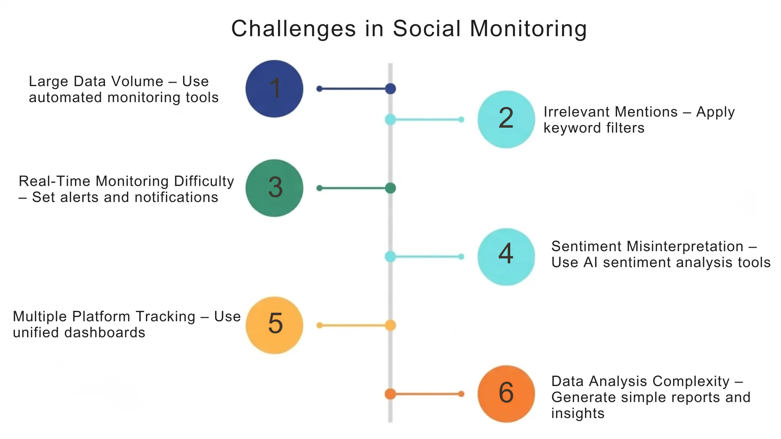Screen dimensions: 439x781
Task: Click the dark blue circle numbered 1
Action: [x=274, y=89]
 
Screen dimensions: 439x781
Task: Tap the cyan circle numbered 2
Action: [x=506, y=119]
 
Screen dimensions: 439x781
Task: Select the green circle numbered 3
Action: [x=274, y=188]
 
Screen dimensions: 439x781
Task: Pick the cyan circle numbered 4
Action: [x=506, y=256]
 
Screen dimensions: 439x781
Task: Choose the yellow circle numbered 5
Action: [x=274, y=325]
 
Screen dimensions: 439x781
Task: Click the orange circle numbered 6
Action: [x=506, y=394]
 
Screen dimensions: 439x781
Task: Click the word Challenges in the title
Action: [x=294, y=29]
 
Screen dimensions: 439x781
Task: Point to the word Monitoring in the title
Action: [x=528, y=29]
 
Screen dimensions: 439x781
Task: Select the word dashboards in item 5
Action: [x=104, y=333]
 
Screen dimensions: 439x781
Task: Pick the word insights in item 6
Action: [x=578, y=413]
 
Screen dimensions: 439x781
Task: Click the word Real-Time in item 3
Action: [x=55, y=181]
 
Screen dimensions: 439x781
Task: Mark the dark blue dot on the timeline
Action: [x=390, y=89]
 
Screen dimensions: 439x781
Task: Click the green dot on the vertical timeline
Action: [x=390, y=188]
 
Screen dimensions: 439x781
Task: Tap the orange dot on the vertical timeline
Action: [x=390, y=394]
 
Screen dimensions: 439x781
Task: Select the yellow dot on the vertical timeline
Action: [x=390, y=325]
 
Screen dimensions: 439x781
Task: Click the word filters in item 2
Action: [x=625, y=128]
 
